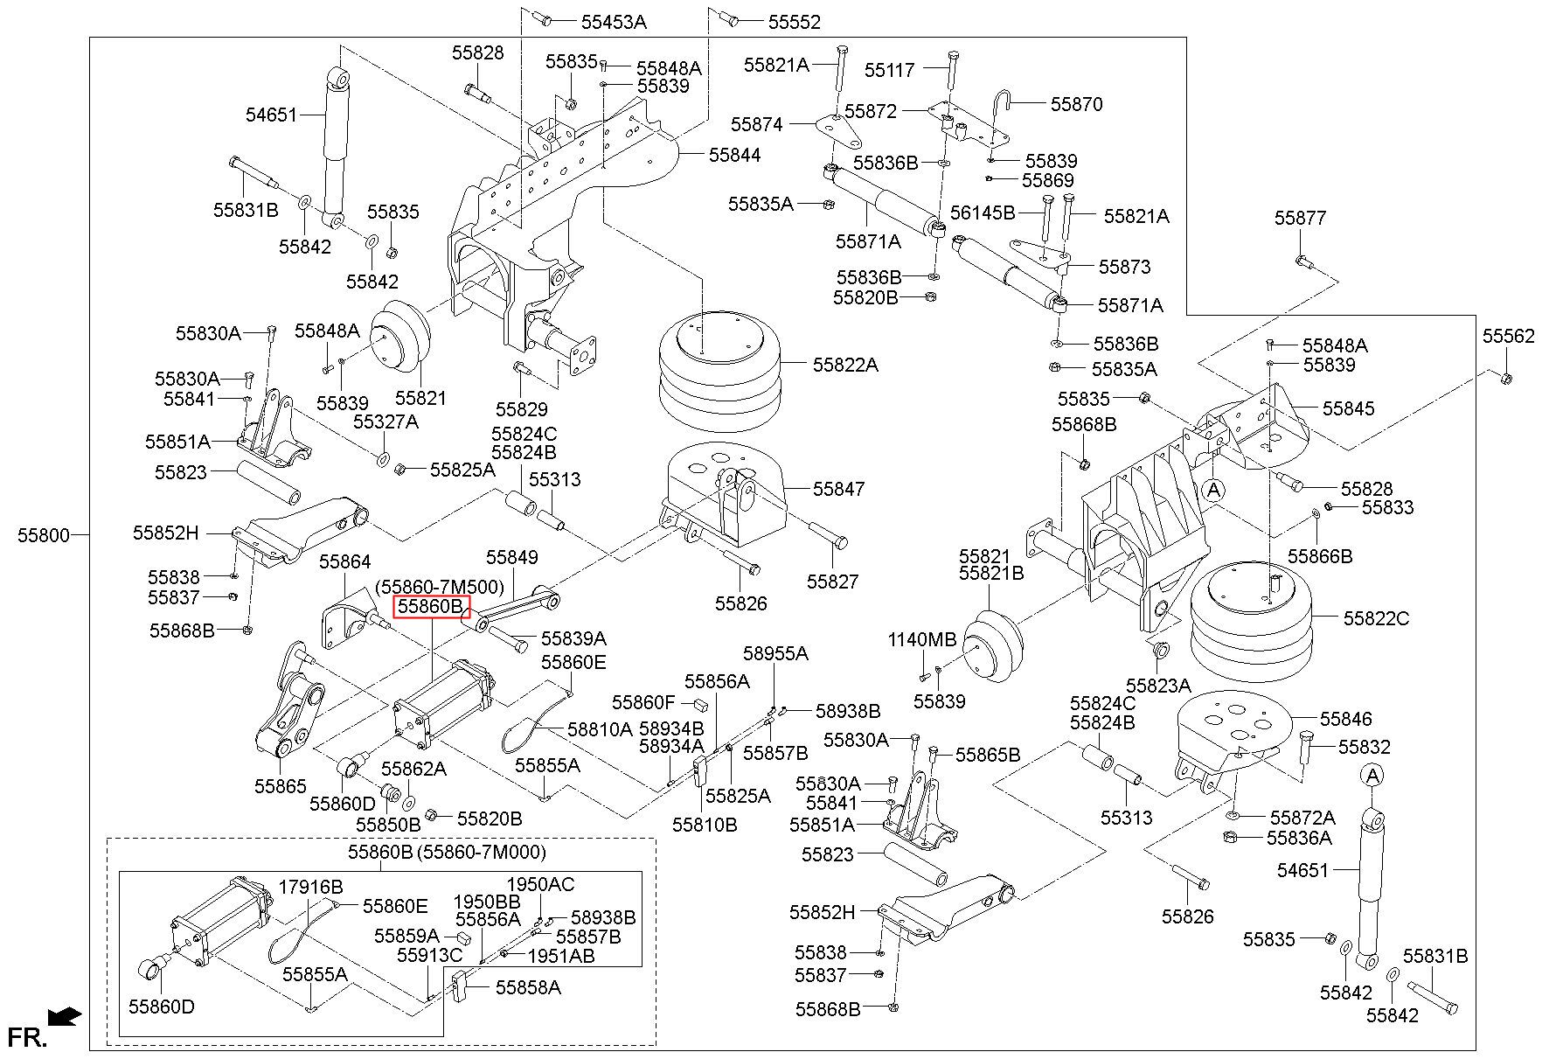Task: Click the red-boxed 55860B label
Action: [x=431, y=607]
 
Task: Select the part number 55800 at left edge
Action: [x=43, y=535]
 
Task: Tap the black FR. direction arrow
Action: [x=65, y=1016]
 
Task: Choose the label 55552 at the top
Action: [x=795, y=22]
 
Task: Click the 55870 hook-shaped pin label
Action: [x=1076, y=104]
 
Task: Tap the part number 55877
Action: [x=1300, y=218]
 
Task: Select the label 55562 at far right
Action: [x=1508, y=336]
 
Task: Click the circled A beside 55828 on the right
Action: [x=1213, y=491]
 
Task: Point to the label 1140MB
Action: [x=922, y=639]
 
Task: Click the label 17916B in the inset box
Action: [x=310, y=887]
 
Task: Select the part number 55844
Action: [x=734, y=155]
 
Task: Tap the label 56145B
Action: [x=983, y=212]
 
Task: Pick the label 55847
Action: [x=839, y=489]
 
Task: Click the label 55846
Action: [x=1346, y=719]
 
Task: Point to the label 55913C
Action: [x=429, y=956]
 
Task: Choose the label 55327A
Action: [x=386, y=422]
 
